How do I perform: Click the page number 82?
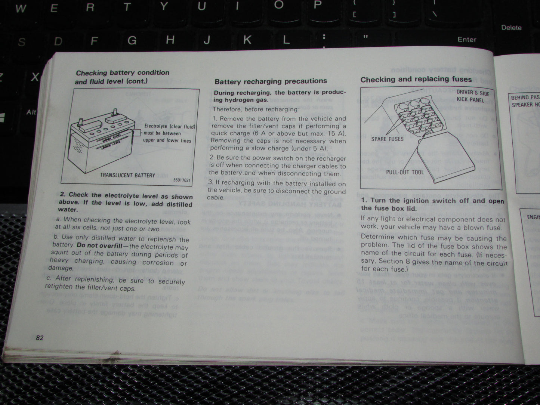(40, 338)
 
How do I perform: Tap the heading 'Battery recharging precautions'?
(271, 81)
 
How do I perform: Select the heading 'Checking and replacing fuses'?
(416, 79)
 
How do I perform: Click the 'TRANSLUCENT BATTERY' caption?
(127, 175)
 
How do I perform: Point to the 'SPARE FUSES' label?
(387, 139)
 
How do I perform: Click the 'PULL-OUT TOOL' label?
(405, 172)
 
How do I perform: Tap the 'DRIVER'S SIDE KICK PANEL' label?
(472, 96)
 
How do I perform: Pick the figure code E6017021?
(182, 180)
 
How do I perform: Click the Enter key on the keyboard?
(467, 40)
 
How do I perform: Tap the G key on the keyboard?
(132, 40)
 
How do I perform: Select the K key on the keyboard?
(247, 40)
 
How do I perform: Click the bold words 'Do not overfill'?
(97, 246)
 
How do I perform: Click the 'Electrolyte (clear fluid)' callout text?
(170, 127)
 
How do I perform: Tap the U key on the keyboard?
(202, 6)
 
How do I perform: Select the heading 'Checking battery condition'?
(123, 73)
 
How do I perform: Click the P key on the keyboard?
(318, 5)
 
